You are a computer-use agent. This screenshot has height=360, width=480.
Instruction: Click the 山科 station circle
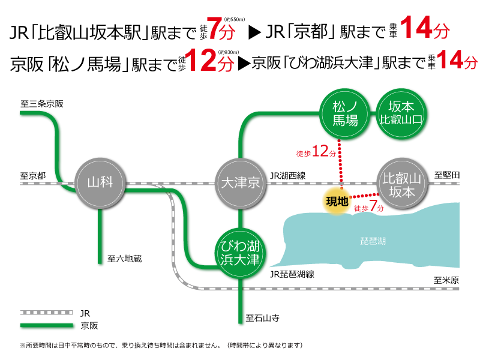click(100, 183)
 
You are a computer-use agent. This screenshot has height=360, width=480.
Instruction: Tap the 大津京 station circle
click(241, 184)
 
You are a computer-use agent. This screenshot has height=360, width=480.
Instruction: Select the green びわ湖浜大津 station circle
click(241, 253)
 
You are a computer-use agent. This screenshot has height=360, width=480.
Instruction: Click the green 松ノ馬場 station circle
click(344, 114)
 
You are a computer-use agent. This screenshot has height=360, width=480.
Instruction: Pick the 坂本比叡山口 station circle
click(401, 114)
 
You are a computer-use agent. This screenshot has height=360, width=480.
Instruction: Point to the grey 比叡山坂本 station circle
click(401, 184)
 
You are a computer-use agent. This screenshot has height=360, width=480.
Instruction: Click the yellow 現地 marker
click(337, 202)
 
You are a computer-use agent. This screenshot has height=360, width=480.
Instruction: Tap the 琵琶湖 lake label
click(373, 241)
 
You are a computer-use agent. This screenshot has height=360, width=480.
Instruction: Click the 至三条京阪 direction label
click(41, 104)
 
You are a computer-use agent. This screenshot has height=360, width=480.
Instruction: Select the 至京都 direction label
click(33, 176)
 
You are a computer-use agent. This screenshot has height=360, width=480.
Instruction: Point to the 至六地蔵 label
click(124, 259)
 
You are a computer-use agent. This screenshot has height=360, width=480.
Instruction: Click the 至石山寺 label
click(262, 319)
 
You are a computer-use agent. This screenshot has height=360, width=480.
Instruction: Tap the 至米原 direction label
click(446, 280)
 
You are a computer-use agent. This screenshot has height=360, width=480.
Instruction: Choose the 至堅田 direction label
click(447, 175)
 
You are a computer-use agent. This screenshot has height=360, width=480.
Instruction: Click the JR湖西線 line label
click(288, 176)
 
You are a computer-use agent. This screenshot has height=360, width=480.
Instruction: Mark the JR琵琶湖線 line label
click(292, 274)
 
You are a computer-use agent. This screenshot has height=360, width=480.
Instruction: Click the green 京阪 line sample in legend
click(47, 325)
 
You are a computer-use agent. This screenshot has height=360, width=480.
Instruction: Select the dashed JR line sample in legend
click(47, 313)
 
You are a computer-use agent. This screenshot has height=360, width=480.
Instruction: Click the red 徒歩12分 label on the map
click(316, 152)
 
